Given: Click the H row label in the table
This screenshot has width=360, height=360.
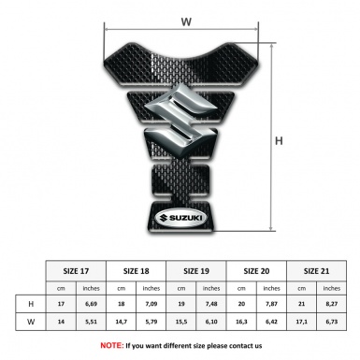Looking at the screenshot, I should pos(32,305).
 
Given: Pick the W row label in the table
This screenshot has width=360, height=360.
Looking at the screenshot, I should pos(32,323).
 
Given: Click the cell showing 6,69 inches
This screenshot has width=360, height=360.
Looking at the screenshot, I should pos(92,305).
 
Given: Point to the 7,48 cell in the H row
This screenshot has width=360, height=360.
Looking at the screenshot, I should pos(211,305).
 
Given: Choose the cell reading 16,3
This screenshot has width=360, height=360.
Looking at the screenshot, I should pos(242,323).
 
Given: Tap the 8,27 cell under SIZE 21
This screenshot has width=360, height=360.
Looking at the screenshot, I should pos(332,305).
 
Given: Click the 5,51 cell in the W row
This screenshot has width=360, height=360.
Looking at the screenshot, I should pos(92,323).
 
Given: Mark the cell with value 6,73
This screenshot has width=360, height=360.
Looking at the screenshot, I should pos(332,323).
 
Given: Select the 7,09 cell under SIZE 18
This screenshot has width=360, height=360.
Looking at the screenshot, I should pos(151,305).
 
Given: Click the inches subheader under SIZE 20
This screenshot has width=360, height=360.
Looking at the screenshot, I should pos(272,287).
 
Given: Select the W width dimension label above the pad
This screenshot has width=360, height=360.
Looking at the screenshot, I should pos(185,18).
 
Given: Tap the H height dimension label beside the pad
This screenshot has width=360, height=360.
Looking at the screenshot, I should pos(279,141).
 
